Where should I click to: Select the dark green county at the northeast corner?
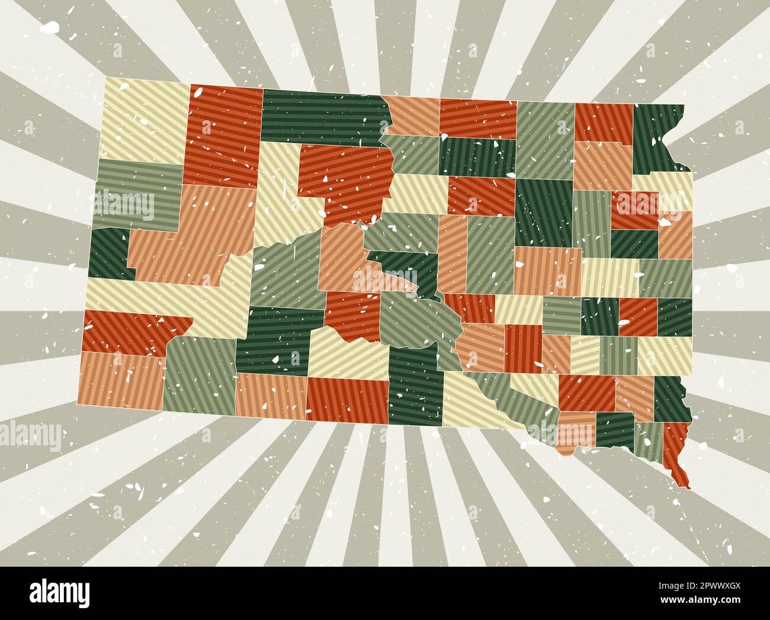(x=657, y=136)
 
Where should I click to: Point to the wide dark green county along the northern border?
(x=323, y=115)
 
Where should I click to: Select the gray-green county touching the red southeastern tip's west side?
(x=649, y=441)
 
